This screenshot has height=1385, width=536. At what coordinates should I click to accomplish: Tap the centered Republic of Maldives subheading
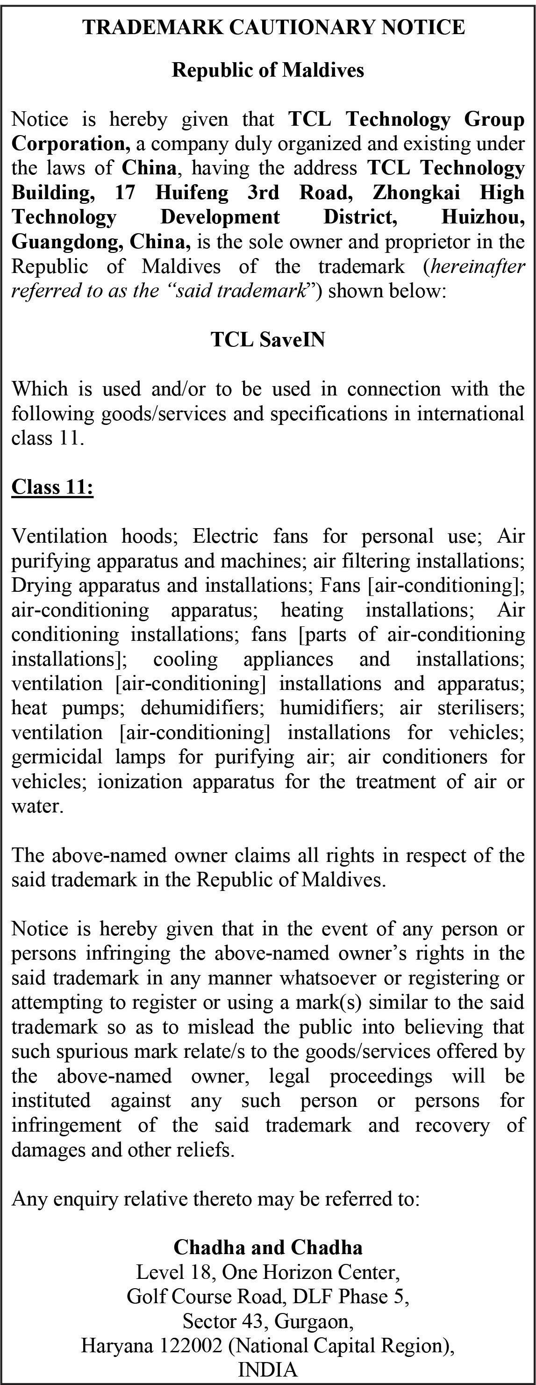[x=268, y=70]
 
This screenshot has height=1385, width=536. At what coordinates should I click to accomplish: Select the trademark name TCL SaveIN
[x=268, y=340]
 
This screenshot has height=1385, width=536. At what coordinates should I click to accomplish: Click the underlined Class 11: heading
[x=53, y=487]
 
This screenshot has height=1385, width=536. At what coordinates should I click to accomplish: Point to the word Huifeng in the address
[x=192, y=193]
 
